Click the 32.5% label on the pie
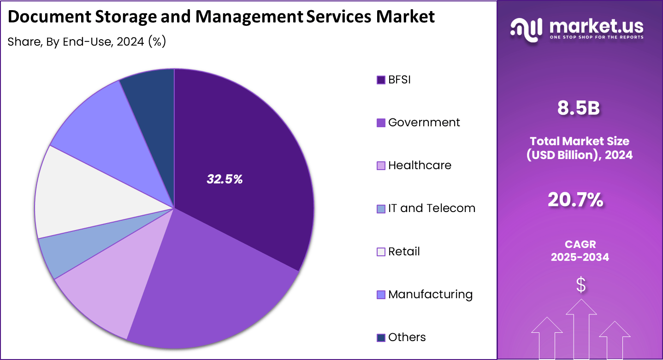click(225, 179)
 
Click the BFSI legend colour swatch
click(381, 80)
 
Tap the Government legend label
click(424, 123)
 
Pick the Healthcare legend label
click(420, 165)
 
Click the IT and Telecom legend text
click(432, 208)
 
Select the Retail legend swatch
click(381, 252)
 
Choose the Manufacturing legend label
click(430, 295)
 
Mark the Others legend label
click(407, 337)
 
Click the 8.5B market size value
click(579, 108)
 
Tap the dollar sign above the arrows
click(581, 285)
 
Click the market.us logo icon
click(526, 30)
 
